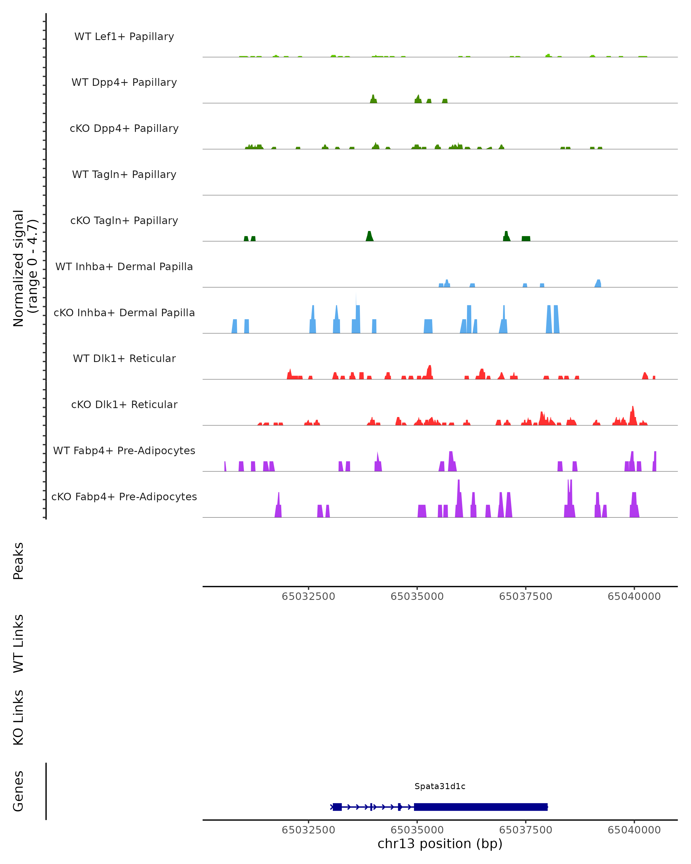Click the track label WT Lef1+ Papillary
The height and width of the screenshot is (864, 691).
click(x=124, y=37)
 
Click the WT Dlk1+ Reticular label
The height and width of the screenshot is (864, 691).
click(x=124, y=358)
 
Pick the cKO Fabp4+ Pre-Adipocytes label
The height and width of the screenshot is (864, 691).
click(x=124, y=497)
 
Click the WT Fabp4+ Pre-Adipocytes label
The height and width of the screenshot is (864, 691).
click(x=124, y=450)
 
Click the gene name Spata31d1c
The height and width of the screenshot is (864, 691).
click(x=440, y=786)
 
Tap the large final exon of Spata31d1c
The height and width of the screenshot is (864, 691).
click(x=481, y=807)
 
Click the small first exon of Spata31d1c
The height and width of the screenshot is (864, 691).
click(x=337, y=807)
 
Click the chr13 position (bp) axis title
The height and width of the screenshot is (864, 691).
click(x=440, y=844)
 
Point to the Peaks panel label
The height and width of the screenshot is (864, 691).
click(x=18, y=561)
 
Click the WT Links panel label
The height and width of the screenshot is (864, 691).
click(x=18, y=643)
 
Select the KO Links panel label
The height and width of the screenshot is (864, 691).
click(x=18, y=717)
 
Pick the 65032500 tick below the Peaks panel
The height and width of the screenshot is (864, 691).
click(x=308, y=596)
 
